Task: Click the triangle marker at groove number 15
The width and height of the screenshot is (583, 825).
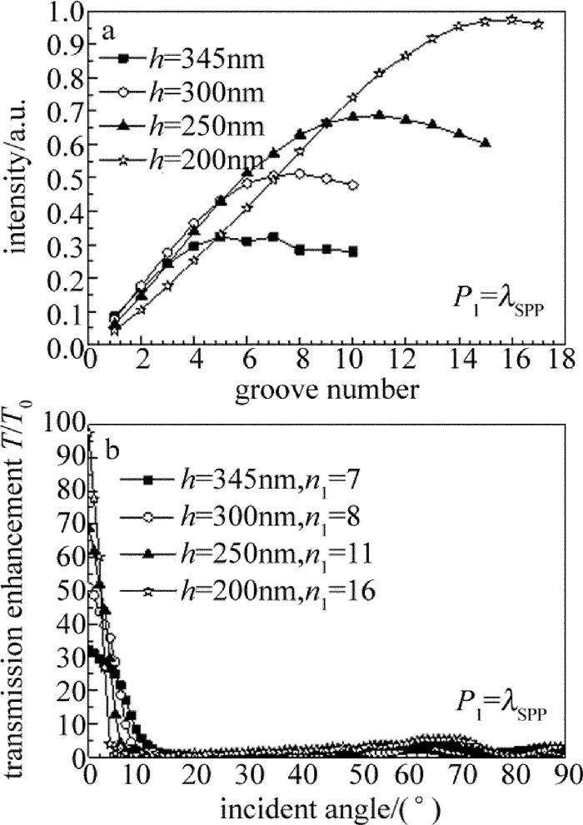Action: pyautogui.click(x=486, y=142)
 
